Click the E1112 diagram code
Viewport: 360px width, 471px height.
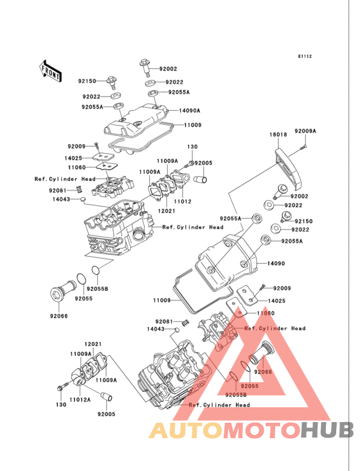click(305, 56)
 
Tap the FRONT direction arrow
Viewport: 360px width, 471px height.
click(50, 71)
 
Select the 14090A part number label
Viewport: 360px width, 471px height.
click(189, 111)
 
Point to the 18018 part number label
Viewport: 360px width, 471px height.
click(278, 134)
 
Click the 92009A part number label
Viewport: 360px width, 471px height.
click(305, 131)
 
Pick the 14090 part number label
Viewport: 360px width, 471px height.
click(276, 263)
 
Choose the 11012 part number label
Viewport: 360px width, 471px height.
click(183, 201)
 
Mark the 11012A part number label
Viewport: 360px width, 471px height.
click(80, 400)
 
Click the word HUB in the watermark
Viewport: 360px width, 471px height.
click(328, 430)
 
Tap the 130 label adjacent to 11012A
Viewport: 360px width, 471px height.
click(61, 405)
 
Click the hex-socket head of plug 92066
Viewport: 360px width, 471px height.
click(56, 294)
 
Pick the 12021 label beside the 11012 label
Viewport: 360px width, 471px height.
click(166, 211)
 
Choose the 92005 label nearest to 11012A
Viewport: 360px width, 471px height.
click(106, 414)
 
